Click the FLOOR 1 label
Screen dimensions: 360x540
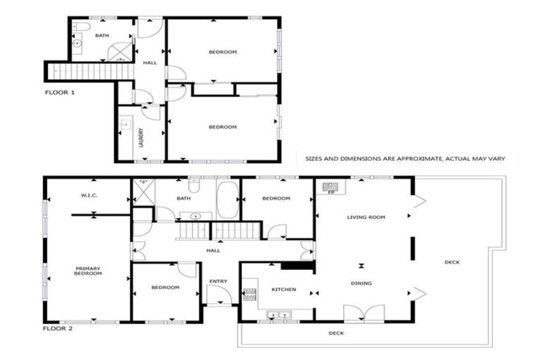coord(59,92)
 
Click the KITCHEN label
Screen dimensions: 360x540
coord(283,290)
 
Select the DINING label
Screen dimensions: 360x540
coord(362,283)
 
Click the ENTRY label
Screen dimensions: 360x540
coord(218,282)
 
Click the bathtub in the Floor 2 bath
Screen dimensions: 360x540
coord(228,200)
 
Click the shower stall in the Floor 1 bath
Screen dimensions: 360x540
coord(122,51)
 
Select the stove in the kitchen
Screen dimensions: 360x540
coord(247,293)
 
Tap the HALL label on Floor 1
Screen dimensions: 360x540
coord(150,63)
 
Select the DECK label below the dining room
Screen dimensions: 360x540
coord(336,333)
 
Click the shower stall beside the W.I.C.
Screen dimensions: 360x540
coord(143,190)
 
